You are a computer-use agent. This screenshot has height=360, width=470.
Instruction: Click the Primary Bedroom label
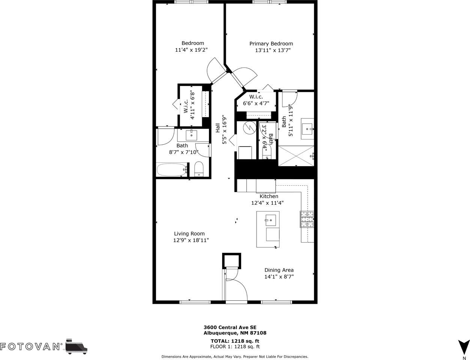271,43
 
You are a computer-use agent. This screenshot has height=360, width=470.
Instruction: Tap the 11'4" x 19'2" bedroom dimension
191,49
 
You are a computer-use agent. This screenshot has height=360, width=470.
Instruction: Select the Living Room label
189,234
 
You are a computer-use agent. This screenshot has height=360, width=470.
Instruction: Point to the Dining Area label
279,270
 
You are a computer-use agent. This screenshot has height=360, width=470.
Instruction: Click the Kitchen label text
269,196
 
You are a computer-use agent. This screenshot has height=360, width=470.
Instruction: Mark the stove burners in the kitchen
306,219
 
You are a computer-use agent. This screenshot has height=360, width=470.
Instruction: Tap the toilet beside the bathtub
199,169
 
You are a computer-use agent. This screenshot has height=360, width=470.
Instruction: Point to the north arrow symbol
464,346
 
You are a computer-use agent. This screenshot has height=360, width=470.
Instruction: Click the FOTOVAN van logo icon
77,346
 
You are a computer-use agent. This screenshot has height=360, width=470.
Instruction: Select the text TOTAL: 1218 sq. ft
235,341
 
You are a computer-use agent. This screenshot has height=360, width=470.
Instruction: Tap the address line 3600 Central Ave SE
230,327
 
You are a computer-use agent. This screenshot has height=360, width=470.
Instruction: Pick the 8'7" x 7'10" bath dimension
183,152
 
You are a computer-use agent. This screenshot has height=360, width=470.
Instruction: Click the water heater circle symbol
249,128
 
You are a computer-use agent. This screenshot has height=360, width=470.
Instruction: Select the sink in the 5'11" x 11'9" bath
308,129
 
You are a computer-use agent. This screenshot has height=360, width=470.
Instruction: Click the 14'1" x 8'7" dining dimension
279,277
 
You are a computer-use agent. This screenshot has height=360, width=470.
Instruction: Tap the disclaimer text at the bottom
235,357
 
